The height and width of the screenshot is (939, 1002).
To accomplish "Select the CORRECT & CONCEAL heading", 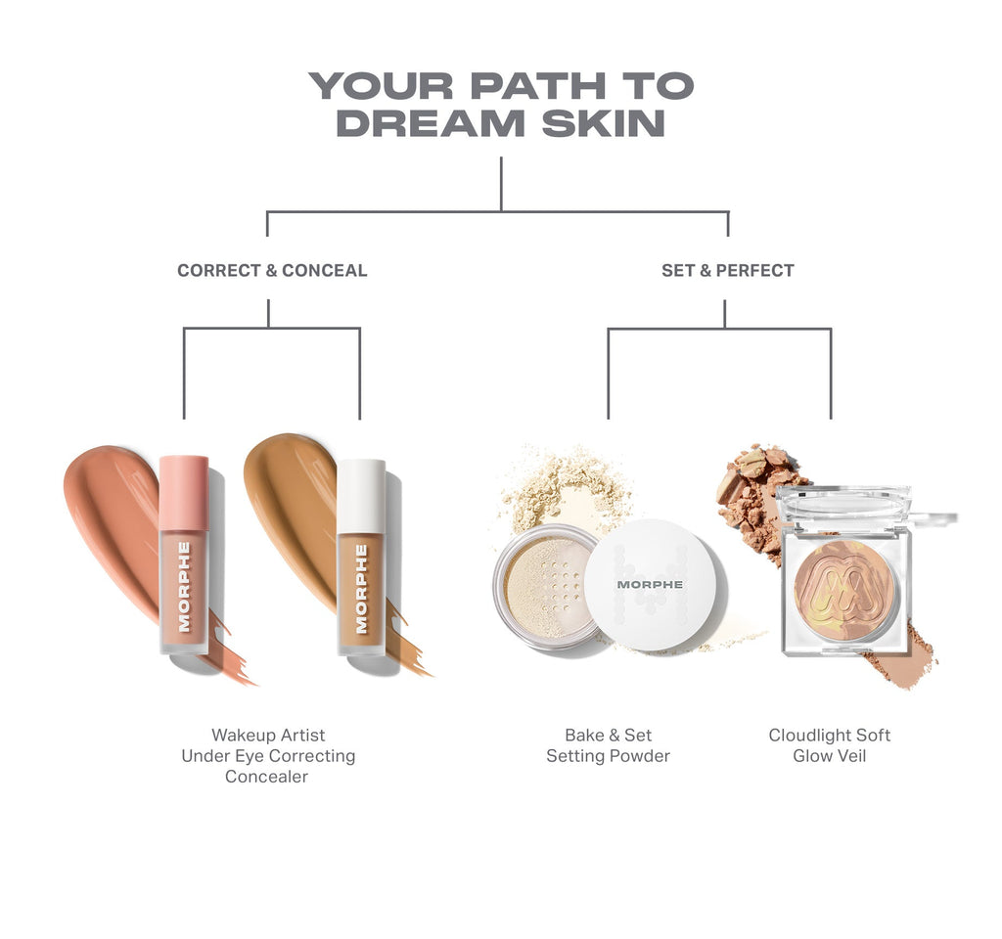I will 272,271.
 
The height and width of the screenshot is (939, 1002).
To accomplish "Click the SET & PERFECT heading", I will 727,271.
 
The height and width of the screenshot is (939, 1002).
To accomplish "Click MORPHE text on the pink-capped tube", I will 184,587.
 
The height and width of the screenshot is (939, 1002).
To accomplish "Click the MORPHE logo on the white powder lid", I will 650,584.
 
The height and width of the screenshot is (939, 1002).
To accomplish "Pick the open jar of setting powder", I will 543,587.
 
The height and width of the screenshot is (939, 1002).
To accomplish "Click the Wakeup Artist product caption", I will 267,755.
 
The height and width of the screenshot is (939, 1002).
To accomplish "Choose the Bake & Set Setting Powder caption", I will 608,745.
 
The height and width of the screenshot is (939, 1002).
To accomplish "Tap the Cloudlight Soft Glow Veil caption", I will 830,745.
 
